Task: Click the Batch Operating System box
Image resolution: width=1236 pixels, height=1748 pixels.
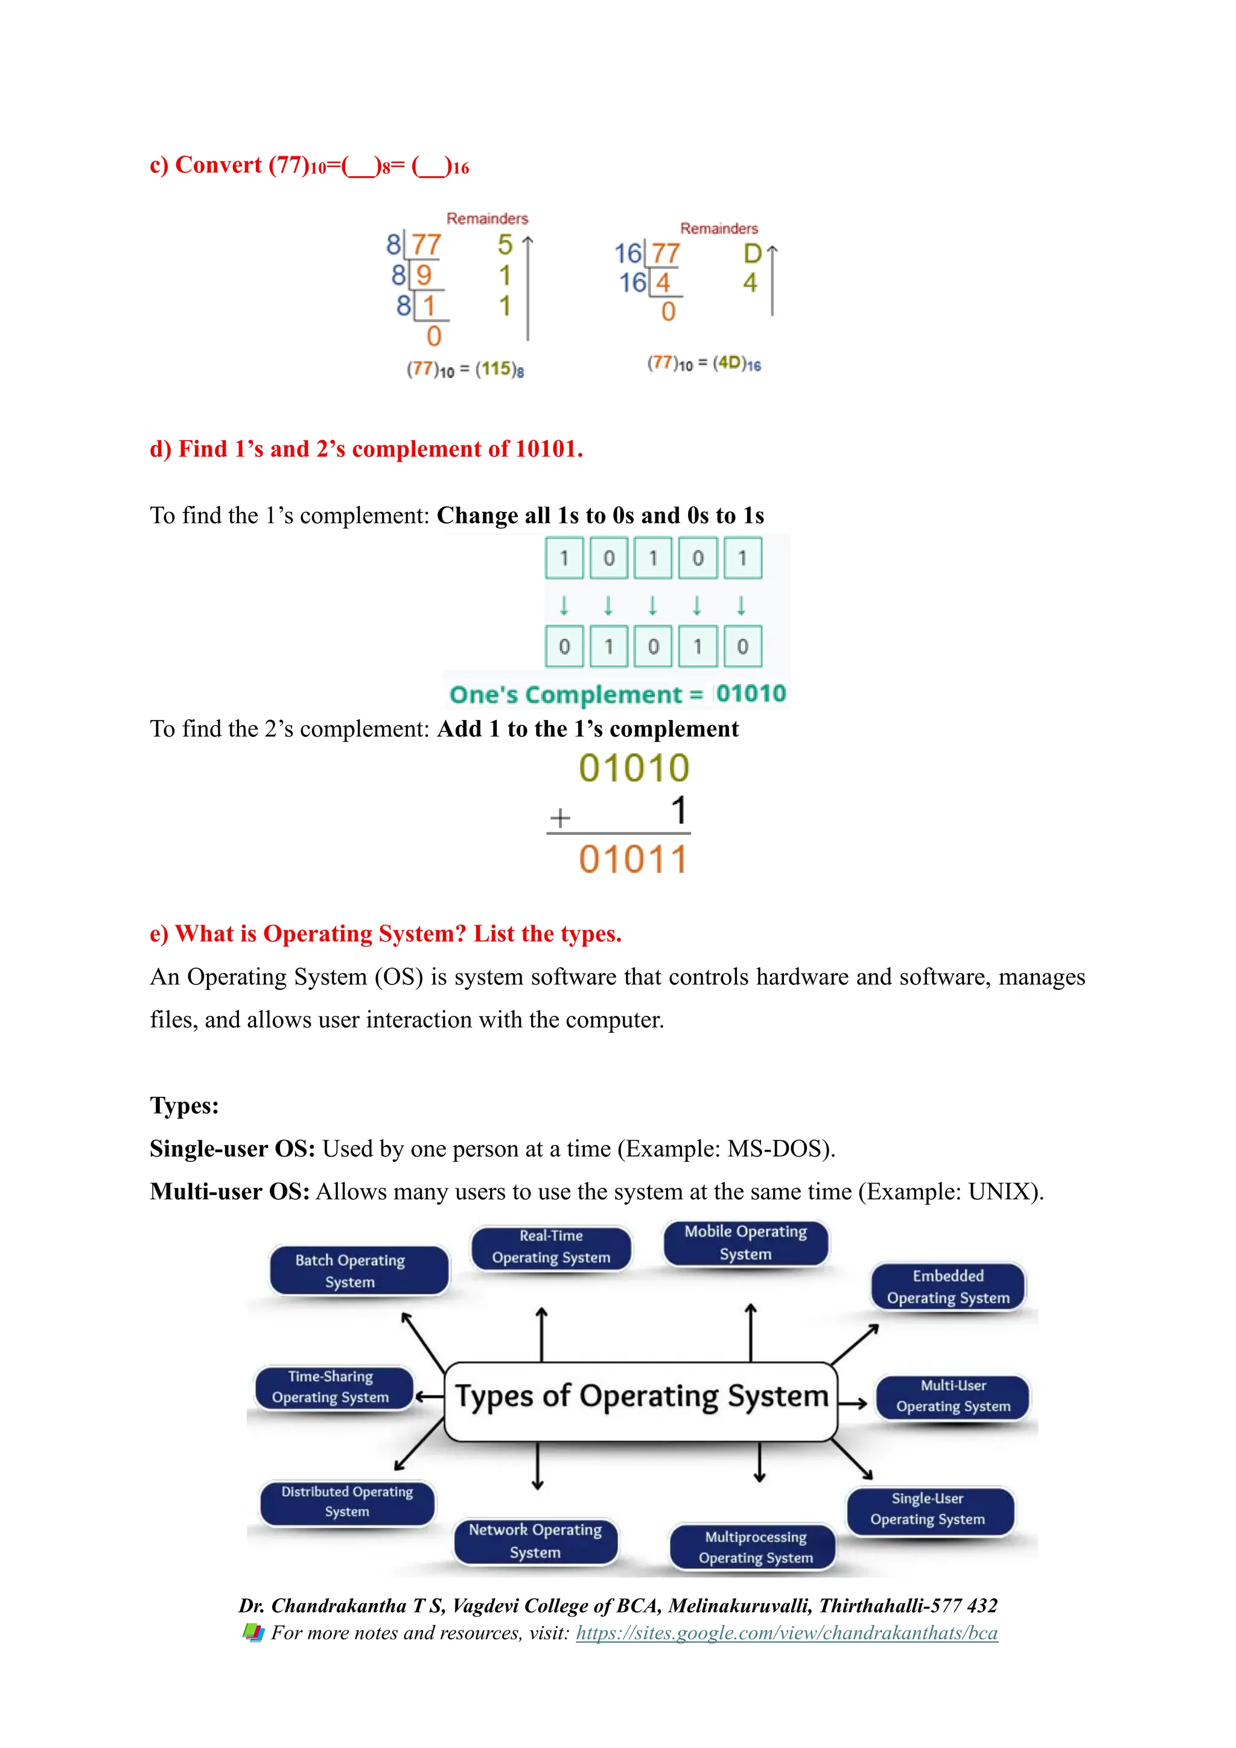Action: pyautogui.click(x=359, y=1271)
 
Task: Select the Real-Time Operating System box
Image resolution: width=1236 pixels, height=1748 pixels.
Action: pyautogui.click(x=551, y=1247)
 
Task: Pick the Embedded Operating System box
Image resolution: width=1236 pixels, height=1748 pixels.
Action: pyautogui.click(x=948, y=1287)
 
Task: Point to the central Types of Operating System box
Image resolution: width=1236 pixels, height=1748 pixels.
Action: pyautogui.click(x=641, y=1401)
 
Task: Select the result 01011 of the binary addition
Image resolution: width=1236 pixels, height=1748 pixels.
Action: pyautogui.click(x=633, y=860)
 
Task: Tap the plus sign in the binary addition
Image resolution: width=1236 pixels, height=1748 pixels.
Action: pyautogui.click(x=560, y=818)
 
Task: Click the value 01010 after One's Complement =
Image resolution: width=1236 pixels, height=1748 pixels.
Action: pyautogui.click(x=750, y=694)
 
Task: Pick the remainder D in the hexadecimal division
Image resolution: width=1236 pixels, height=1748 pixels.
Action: pyautogui.click(x=752, y=254)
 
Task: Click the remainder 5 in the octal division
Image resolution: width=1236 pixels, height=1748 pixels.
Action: pyautogui.click(x=505, y=245)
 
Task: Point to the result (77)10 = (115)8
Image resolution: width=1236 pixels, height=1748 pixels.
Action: pyautogui.click(x=465, y=370)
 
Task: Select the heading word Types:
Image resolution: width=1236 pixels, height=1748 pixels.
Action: pyautogui.click(x=184, y=1105)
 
